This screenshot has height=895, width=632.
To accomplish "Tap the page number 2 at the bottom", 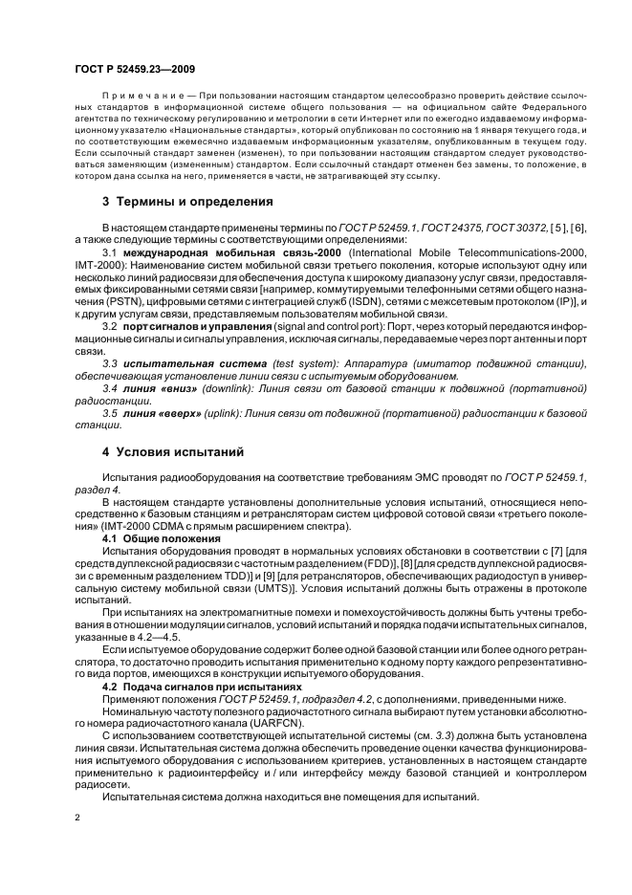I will point(78,818).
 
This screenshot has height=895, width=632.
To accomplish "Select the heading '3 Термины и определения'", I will point(176,202).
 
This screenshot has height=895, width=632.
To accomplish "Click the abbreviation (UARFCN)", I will point(277,724).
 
